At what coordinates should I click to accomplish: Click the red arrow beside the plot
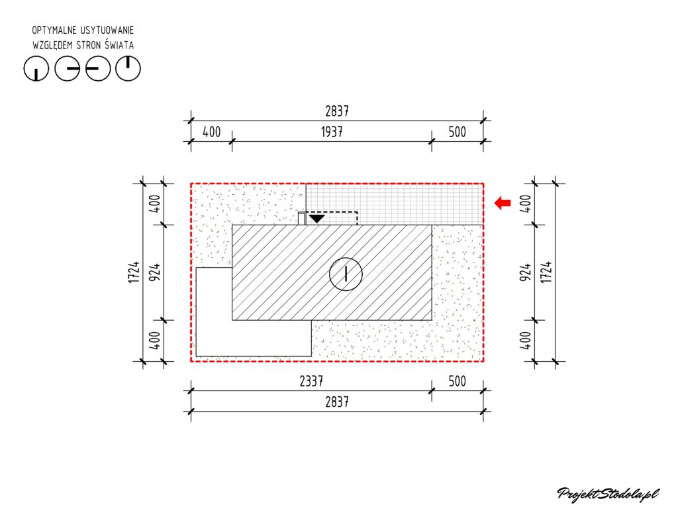[503, 203]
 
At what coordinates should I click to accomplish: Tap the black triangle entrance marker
[316, 218]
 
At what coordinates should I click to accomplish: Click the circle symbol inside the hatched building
[346, 274]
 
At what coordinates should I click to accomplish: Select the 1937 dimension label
[332, 131]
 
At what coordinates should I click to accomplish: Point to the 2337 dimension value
[311, 381]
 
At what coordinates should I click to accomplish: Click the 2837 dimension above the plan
[337, 111]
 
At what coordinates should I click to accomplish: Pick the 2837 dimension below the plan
[337, 402]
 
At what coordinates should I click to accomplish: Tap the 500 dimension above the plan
[457, 131]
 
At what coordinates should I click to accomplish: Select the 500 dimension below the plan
[457, 381]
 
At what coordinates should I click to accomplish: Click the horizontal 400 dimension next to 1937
[211, 131]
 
